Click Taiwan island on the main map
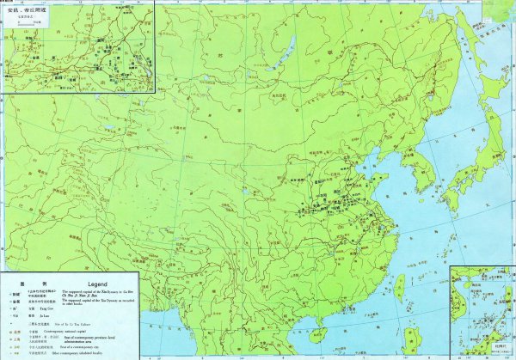point(398,287)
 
